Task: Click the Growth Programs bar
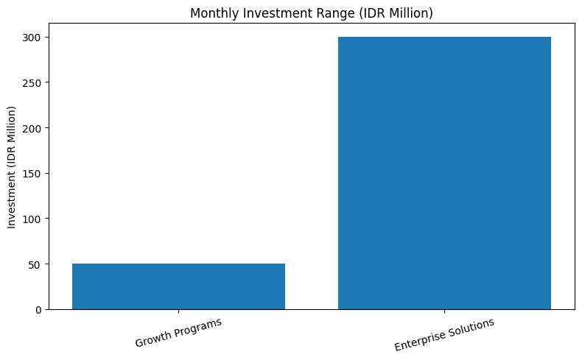(178, 286)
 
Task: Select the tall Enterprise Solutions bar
(444, 173)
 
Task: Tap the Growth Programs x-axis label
(178, 333)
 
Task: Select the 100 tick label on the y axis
(32, 219)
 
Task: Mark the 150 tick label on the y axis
(32, 174)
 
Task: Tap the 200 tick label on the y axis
(32, 128)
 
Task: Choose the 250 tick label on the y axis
(32, 82)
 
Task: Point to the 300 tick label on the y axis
(32, 38)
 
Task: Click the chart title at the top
(312, 13)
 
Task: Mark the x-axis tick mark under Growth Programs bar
(178, 312)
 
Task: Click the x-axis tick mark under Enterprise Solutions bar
(444, 312)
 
